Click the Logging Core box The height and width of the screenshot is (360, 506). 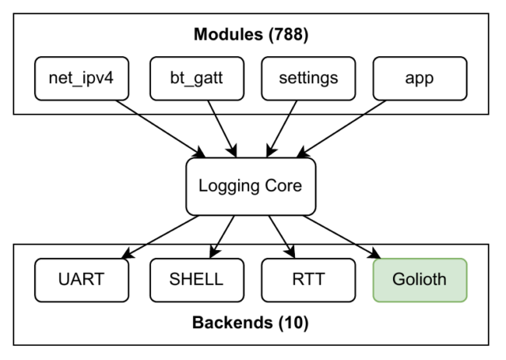coord(251,186)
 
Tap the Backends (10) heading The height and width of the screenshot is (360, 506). coord(251,322)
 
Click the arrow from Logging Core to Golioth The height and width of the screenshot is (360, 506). coord(343,236)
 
